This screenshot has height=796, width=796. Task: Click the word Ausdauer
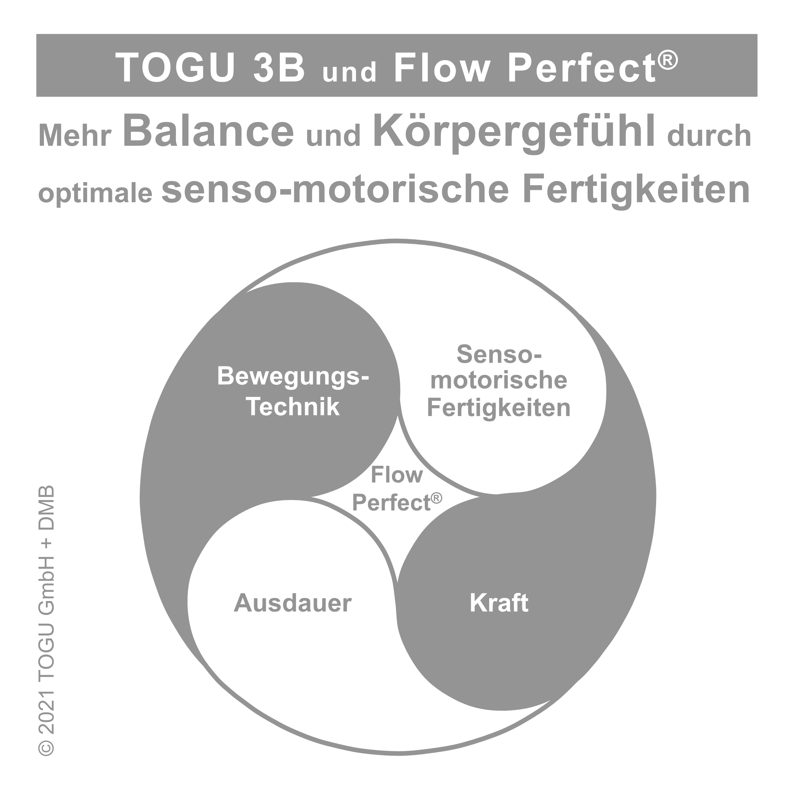pyautogui.click(x=293, y=603)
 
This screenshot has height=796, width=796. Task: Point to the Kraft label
pyautogui.click(x=499, y=603)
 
